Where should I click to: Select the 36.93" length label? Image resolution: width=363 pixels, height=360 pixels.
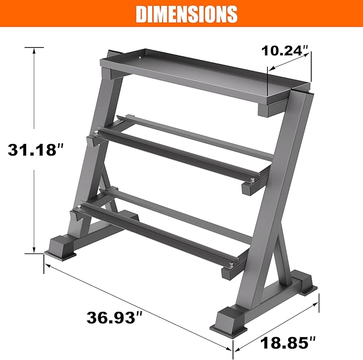click(115, 317)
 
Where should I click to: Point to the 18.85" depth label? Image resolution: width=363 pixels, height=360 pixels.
click(289, 342)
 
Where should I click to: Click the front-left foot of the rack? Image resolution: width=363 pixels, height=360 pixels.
click(60, 248)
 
